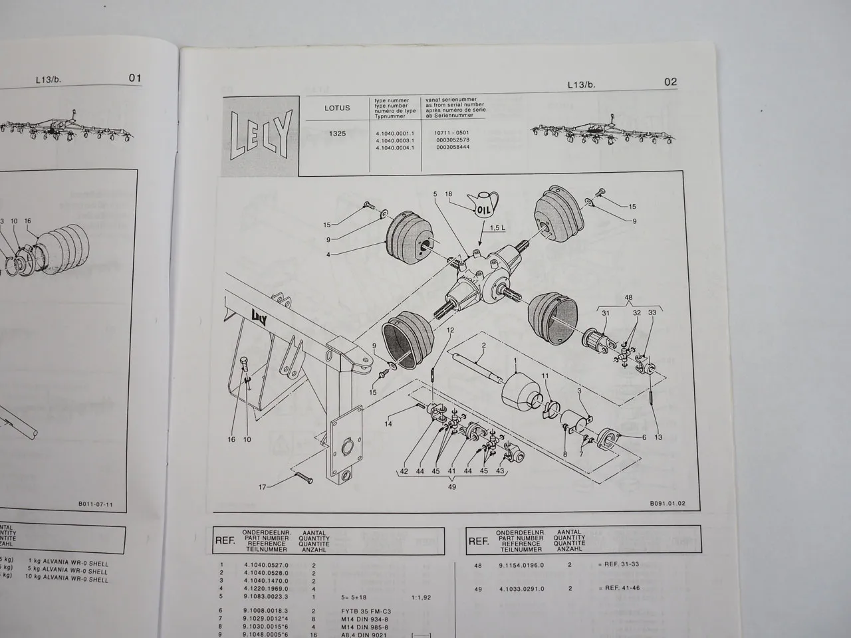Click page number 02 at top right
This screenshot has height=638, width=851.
[670, 82]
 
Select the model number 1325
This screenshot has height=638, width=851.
[337, 133]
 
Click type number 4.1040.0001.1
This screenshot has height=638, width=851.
[395, 133]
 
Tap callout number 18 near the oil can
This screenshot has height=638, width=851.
[448, 195]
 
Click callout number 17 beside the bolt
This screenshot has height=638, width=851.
[263, 487]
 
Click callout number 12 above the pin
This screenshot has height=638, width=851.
[450, 330]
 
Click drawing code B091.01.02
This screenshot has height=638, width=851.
[668, 504]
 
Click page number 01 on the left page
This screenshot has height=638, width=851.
[135, 78]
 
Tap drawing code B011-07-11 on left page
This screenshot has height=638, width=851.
[95, 504]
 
